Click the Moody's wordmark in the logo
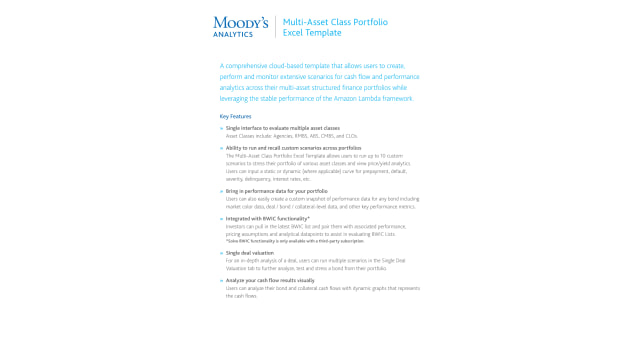pyautogui.click(x=240, y=22)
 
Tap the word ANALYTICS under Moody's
pyautogui.click(x=232, y=34)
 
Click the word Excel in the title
pyautogui.click(x=293, y=32)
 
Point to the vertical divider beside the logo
pyautogui.click(x=275, y=27)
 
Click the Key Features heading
pyautogui.click(x=237, y=116)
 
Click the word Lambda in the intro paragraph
pyautogui.click(x=363, y=98)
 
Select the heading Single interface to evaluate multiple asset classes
pyautogui.click(x=283, y=128)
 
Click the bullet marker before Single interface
pyautogui.click(x=221, y=128)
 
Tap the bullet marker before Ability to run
pyautogui.click(x=221, y=148)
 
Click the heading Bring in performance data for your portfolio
pyautogui.click(x=276, y=190)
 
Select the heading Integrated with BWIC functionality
pyautogui.click(x=267, y=218)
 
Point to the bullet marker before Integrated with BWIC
pyautogui.click(x=221, y=218)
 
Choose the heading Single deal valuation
pyautogui.click(x=250, y=253)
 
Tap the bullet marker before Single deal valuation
pyautogui.click(x=221, y=253)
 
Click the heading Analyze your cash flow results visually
pyautogui.click(x=270, y=281)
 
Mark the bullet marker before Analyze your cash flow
pyautogui.click(x=221, y=281)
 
